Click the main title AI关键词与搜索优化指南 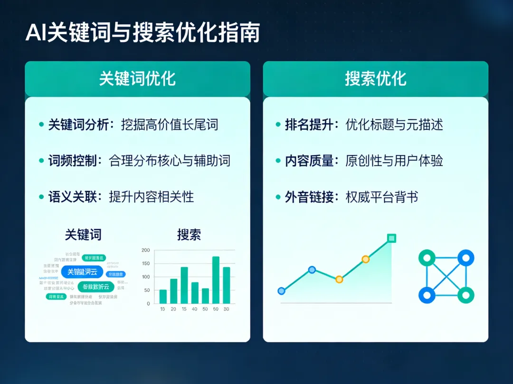point(142,33)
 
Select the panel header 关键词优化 point(137,79)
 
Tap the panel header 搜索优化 point(375,79)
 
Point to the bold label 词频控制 point(72,161)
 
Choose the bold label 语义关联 point(72,196)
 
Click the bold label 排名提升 point(309,125)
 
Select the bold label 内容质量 point(309,161)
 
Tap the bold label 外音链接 point(309,196)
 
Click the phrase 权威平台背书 point(382,196)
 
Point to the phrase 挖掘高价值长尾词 point(170,125)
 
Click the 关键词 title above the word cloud point(83,234)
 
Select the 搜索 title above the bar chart point(189,234)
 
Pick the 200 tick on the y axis point(145,250)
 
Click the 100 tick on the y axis point(145,277)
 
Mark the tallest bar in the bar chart point(216,280)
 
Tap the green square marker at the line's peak point(391,238)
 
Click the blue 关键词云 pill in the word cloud point(82,272)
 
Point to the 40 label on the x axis point(194,309)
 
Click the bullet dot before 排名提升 point(278,125)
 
